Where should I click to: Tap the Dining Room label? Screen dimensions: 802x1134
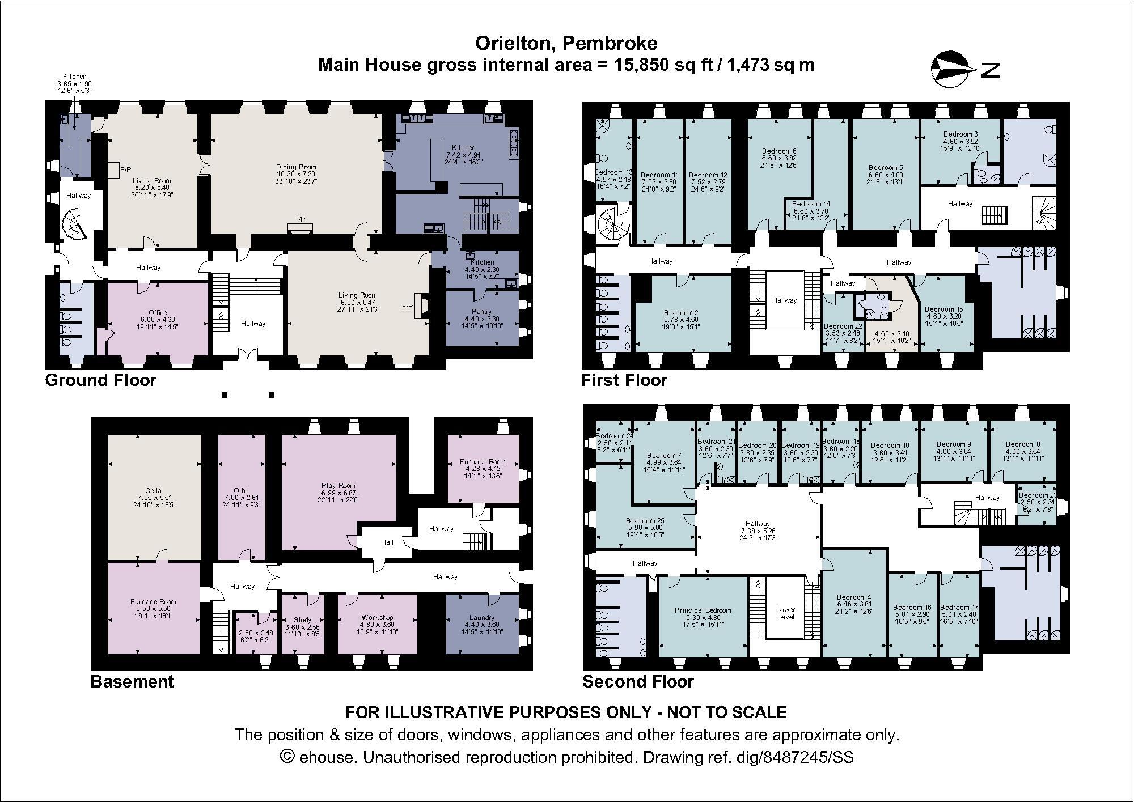coord(296,167)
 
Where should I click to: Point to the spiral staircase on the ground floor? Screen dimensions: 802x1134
coord(74,224)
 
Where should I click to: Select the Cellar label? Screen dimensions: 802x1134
coord(154,491)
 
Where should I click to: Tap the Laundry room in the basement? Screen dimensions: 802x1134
coord(481,623)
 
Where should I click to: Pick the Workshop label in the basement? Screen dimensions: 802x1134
coord(377,618)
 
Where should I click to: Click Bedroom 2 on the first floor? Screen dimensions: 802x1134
coord(681,312)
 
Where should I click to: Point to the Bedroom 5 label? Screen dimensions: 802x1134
coord(885,168)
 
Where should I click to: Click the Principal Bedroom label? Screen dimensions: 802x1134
coord(703,610)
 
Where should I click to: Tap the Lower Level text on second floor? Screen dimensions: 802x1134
coord(785,614)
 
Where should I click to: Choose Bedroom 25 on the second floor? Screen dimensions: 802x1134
coord(645,520)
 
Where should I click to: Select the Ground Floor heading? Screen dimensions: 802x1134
coord(100,380)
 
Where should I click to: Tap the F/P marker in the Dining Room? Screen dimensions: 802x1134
coord(299,219)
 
